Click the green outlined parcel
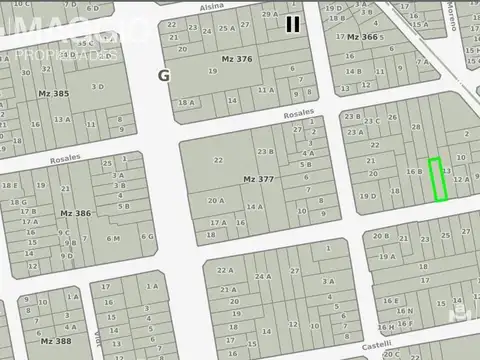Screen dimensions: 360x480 point(437,180)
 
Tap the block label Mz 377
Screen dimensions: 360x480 point(258,179)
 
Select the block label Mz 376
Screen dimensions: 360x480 point(237,60)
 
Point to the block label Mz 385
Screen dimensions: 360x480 point(54,94)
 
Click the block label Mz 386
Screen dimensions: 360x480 point(75,213)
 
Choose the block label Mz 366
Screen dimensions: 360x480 point(362,37)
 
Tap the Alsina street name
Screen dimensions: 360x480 point(211,6)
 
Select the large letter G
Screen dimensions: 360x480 point(163,75)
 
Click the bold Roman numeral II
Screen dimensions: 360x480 point(292,23)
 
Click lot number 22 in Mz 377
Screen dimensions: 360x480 point(218,160)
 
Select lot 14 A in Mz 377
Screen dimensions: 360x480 point(255,207)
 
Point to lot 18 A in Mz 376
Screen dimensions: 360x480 point(186,102)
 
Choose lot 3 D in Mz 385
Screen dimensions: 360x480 point(97,86)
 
